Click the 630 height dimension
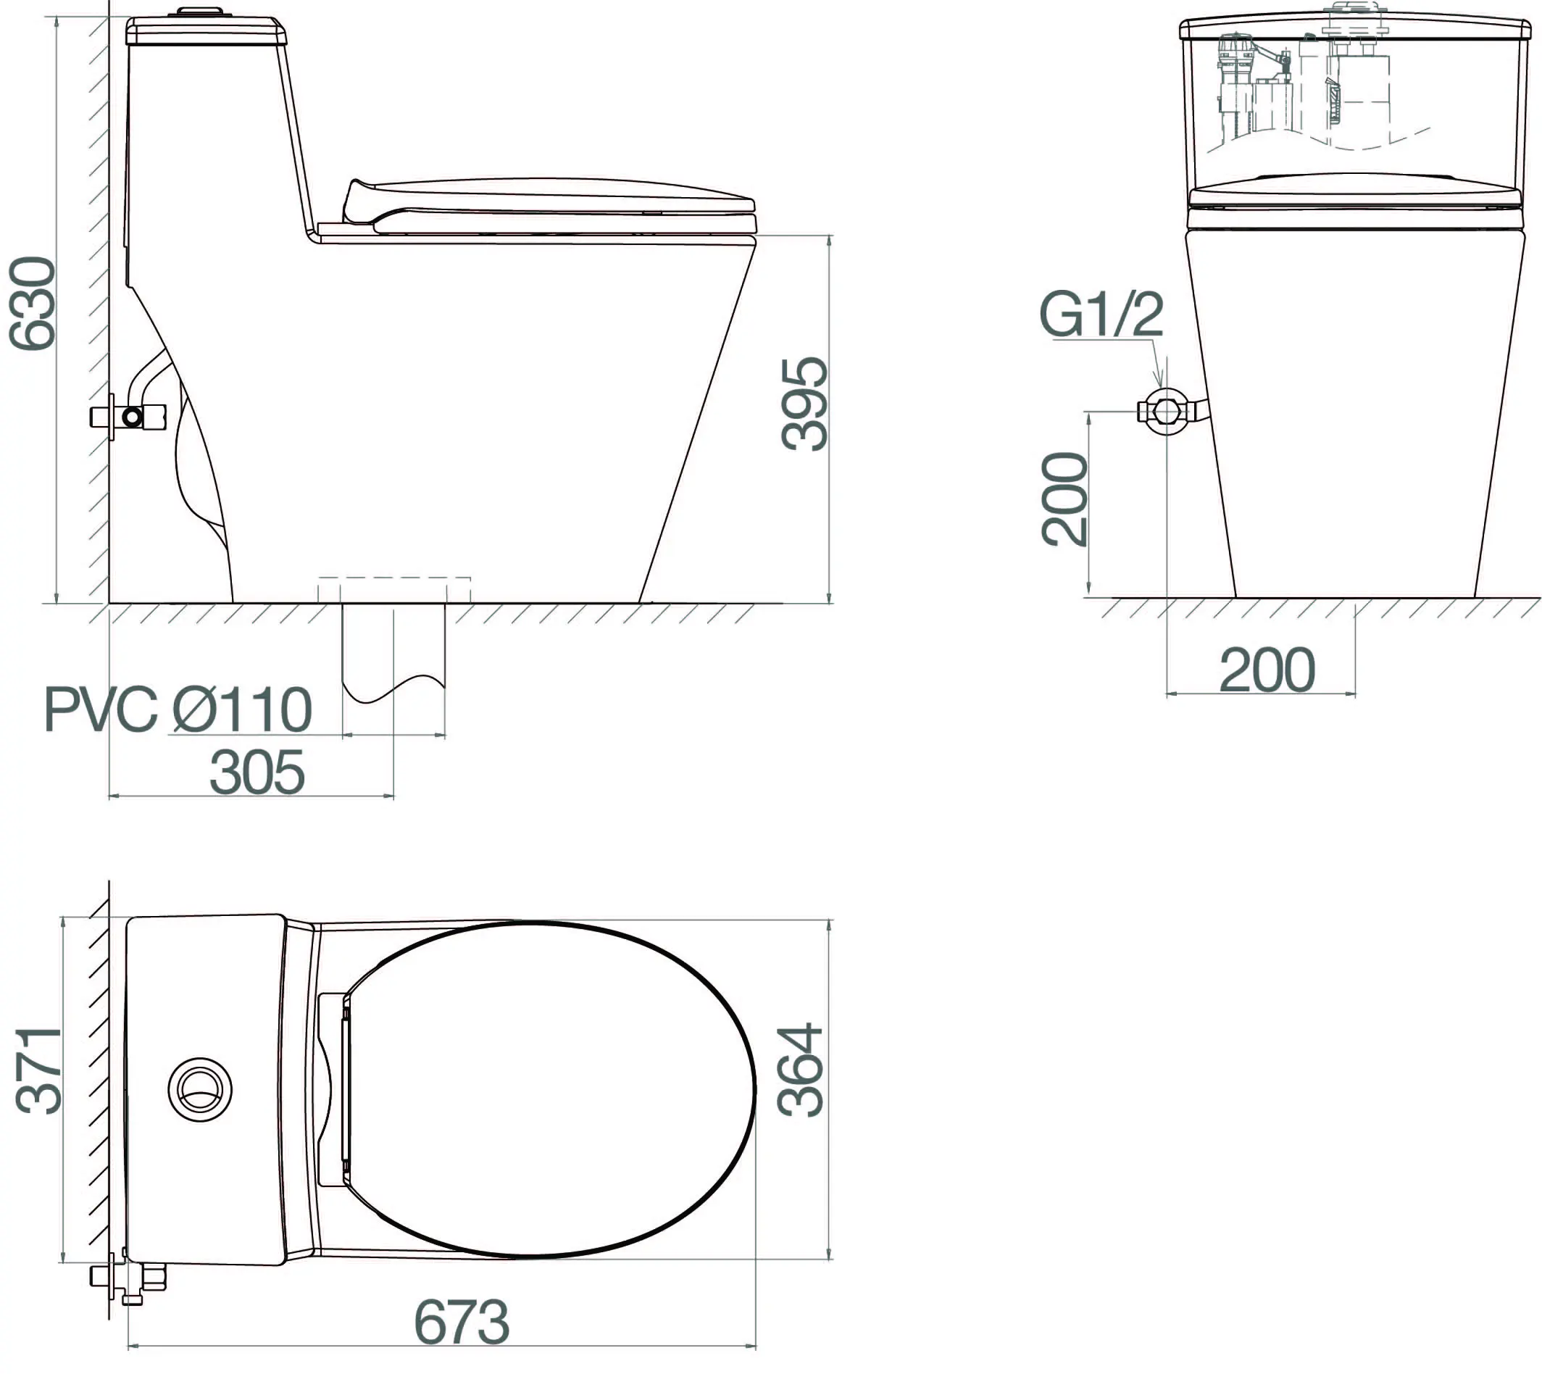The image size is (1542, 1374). coord(33,304)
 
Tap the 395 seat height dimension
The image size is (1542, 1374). coord(804,404)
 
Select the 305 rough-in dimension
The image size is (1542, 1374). coord(257,773)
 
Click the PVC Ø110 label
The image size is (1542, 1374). coord(178,709)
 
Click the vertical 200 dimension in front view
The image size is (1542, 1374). coord(1064,499)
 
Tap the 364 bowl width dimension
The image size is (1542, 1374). coord(800,1070)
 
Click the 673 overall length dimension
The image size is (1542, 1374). coord(462,1322)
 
